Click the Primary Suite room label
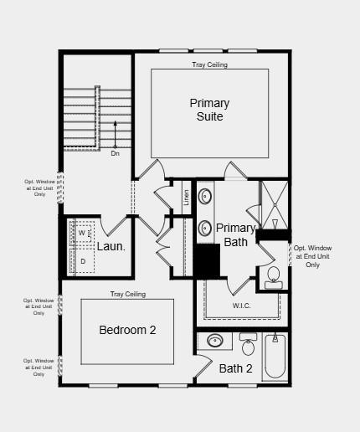coord(209,110)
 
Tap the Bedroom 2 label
coord(127,330)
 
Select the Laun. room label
coord(111,246)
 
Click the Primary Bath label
coord(235,235)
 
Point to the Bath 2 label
coord(235,368)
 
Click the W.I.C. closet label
coord(241,306)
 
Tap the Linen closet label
coord(186,198)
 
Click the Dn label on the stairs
coord(116,153)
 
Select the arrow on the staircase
coord(116,134)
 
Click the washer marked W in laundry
coord(83,234)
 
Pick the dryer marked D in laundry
coord(83,261)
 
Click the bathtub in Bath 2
coord(275,358)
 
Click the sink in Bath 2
coord(216,341)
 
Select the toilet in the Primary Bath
coord(273,275)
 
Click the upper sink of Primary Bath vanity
coord(205,197)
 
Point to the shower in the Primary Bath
coord(274,204)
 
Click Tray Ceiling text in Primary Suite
coord(209,64)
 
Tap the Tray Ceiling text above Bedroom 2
coord(127,294)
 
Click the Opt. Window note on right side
coord(312,256)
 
